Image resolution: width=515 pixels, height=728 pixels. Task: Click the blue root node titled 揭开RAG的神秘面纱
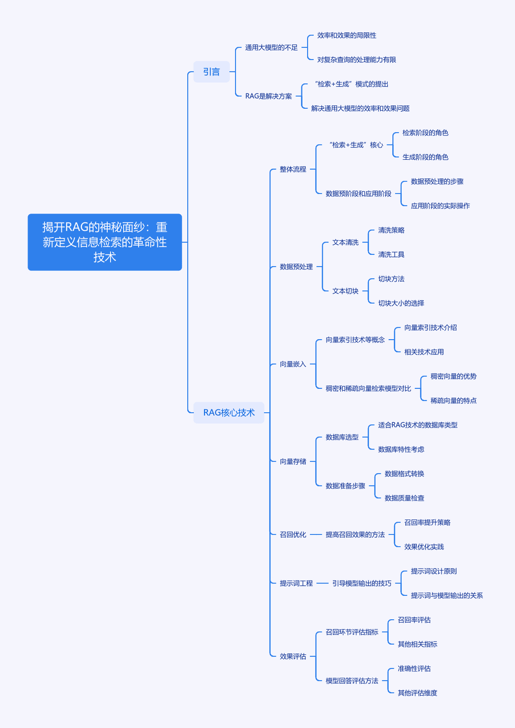pyautogui.click(x=104, y=242)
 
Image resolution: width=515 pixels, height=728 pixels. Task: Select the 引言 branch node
pyautogui.click(x=212, y=72)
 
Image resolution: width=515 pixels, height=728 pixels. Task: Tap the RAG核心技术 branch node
pyautogui.click(x=229, y=413)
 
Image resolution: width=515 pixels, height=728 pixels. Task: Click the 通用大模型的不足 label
pyautogui.click(x=271, y=47)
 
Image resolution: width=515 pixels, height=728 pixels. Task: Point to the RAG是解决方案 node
pyautogui.click(x=268, y=96)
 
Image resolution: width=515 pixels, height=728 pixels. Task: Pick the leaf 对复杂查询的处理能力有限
pyautogui.click(x=356, y=60)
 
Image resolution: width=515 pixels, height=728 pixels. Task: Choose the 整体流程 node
pyautogui.click(x=293, y=169)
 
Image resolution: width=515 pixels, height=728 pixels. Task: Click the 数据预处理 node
pyautogui.click(x=296, y=267)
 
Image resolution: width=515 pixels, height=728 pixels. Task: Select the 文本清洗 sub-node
pyautogui.click(x=345, y=242)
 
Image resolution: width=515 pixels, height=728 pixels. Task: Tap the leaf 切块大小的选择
pyautogui.click(x=401, y=303)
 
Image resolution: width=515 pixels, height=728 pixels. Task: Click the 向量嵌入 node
pyautogui.click(x=293, y=364)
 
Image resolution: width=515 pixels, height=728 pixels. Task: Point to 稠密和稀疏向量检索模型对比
pyautogui.click(x=368, y=388)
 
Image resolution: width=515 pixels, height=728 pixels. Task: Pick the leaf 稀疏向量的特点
pyautogui.click(x=453, y=401)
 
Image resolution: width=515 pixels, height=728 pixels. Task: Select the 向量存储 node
pyautogui.click(x=293, y=461)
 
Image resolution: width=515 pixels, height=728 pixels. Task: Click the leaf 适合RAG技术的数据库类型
pyautogui.click(x=418, y=425)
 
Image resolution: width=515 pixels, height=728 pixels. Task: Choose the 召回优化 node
pyautogui.click(x=293, y=535)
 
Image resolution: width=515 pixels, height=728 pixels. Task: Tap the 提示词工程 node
pyautogui.click(x=296, y=583)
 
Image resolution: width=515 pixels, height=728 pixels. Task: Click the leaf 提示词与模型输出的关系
pyautogui.click(x=447, y=595)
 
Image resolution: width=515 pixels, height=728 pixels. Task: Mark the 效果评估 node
pyautogui.click(x=293, y=656)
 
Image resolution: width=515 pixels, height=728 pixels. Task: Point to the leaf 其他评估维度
pyautogui.click(x=417, y=693)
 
